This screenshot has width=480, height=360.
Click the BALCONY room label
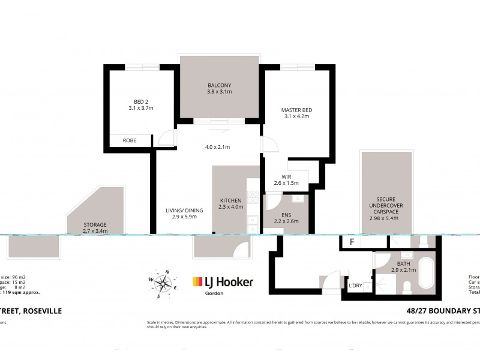coord(220,85)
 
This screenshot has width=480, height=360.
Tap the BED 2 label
coord(141,101)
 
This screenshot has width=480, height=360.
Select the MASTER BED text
coord(296,110)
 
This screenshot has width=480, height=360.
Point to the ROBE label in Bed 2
coord(129,140)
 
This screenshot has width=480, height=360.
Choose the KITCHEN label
coord(230,200)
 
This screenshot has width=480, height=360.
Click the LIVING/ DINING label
coord(184,210)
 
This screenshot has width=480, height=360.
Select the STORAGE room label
coord(95,224)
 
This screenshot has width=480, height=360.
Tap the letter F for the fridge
coord(352,243)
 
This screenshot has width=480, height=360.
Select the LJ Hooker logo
coord(223,282)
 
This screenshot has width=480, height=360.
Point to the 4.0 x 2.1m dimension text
coord(218,146)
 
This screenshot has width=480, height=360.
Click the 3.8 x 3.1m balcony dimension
coord(220,92)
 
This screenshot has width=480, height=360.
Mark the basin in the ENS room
coord(297,199)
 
